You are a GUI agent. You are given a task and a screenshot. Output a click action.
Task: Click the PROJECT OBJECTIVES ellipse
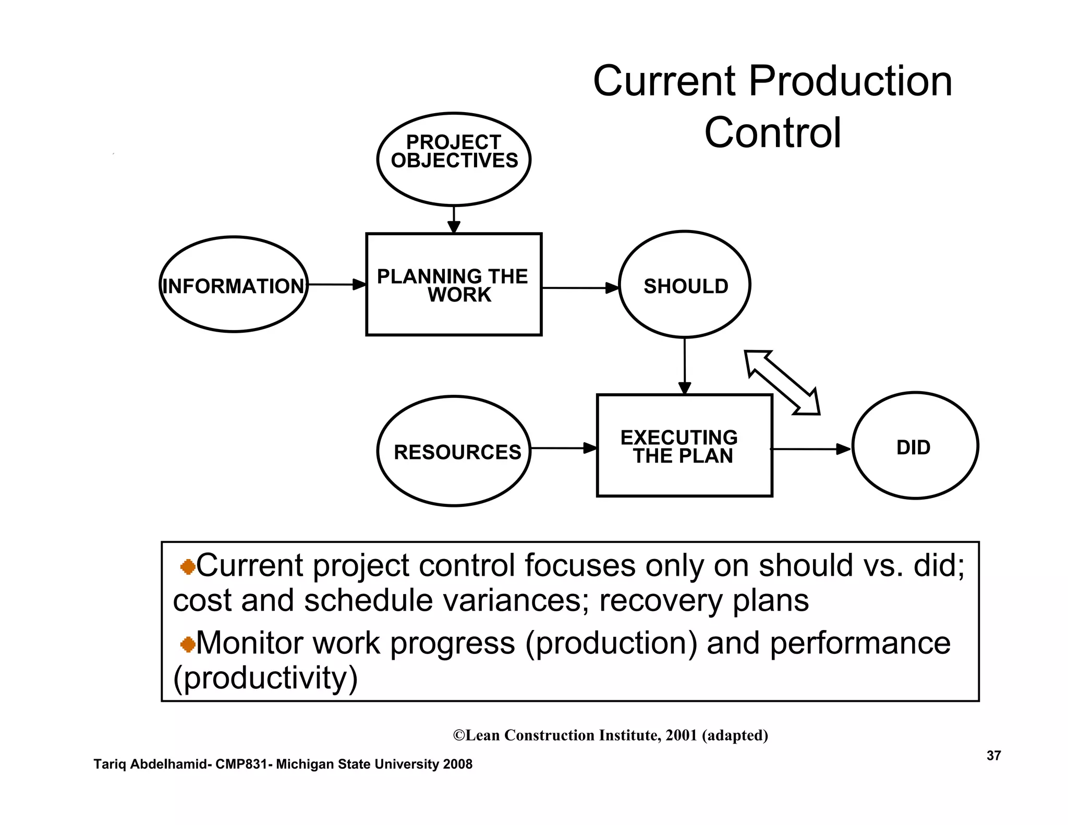pyautogui.click(x=454, y=159)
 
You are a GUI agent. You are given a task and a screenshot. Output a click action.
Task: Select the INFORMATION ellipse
pyautogui.click(x=234, y=285)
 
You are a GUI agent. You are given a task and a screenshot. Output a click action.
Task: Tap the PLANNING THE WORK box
pyautogui.click(x=454, y=285)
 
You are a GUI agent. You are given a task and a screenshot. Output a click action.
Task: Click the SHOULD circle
pyautogui.click(x=685, y=285)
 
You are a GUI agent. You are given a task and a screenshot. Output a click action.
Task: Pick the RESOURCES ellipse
pyautogui.click(x=454, y=451)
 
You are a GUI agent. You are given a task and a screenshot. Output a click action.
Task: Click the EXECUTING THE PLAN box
pyautogui.click(x=684, y=446)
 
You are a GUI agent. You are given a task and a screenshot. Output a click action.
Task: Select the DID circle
pyautogui.click(x=915, y=446)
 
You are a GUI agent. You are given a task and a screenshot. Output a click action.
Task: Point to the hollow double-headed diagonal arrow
pyautogui.click(x=782, y=382)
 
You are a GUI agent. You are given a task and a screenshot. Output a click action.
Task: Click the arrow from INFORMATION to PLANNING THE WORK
pyautogui.click(x=336, y=285)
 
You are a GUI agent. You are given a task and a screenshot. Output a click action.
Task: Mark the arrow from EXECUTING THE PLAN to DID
pyautogui.click(x=811, y=449)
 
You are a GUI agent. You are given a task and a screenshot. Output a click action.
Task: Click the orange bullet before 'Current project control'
pyautogui.click(x=188, y=567)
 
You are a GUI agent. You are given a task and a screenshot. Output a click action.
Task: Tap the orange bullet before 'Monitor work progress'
pyautogui.click(x=188, y=645)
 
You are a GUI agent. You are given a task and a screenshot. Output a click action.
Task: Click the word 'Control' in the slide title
pyautogui.click(x=772, y=133)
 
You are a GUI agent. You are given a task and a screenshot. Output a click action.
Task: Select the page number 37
pyautogui.click(x=993, y=756)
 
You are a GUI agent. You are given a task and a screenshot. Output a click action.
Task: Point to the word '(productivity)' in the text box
pyautogui.click(x=265, y=678)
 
